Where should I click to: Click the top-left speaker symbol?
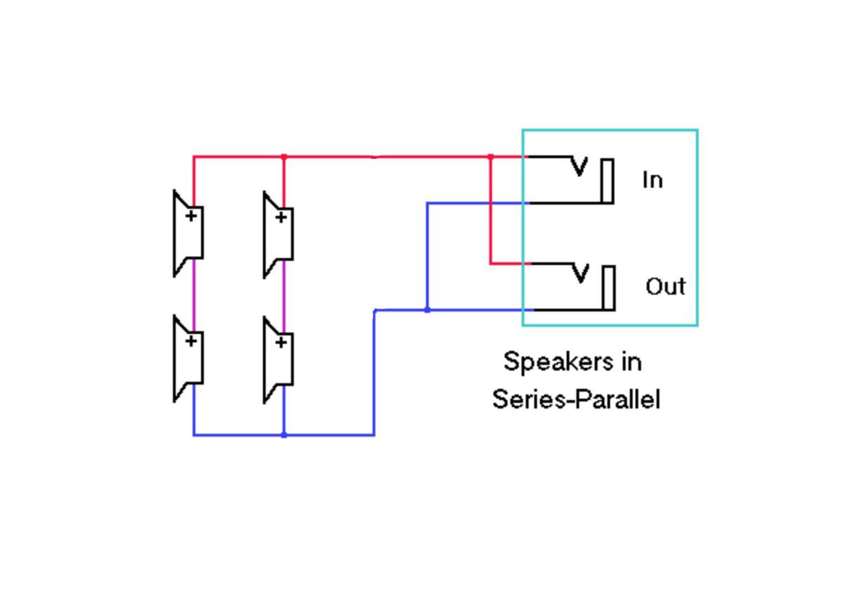[x=188, y=233]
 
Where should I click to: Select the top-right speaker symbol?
[x=278, y=235]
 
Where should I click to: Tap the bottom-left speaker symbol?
[x=188, y=359]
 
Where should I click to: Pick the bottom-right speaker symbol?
[x=278, y=360]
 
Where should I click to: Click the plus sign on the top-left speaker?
[x=191, y=215]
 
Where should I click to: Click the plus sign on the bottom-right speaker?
[x=281, y=342]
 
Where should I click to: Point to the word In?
[x=652, y=180]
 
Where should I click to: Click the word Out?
[x=666, y=287]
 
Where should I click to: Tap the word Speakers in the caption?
[x=559, y=363]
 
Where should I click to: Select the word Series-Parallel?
[x=576, y=399]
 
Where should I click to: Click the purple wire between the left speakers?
[x=194, y=295]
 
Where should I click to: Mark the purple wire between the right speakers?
[x=284, y=297]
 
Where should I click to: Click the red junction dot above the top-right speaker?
[x=284, y=157]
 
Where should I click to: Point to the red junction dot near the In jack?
[x=491, y=157]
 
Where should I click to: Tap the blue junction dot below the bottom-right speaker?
[x=284, y=435]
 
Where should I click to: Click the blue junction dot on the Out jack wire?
[x=427, y=310]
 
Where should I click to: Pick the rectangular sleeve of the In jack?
[x=608, y=181]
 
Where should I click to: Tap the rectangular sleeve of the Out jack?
[x=609, y=288]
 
